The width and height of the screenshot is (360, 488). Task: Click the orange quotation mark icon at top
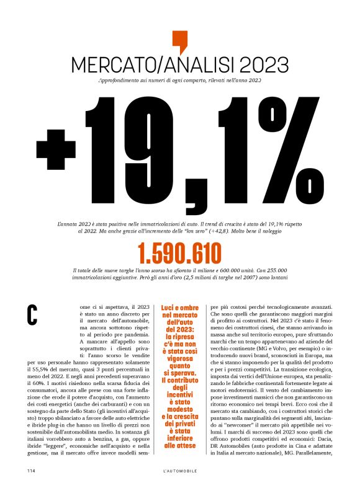click(179, 41)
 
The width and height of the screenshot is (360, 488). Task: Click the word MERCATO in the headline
click(107, 64)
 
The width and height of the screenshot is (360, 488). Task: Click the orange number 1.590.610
click(179, 254)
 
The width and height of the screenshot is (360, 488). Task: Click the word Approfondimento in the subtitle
click(120, 81)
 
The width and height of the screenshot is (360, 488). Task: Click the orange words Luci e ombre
click(179, 307)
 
